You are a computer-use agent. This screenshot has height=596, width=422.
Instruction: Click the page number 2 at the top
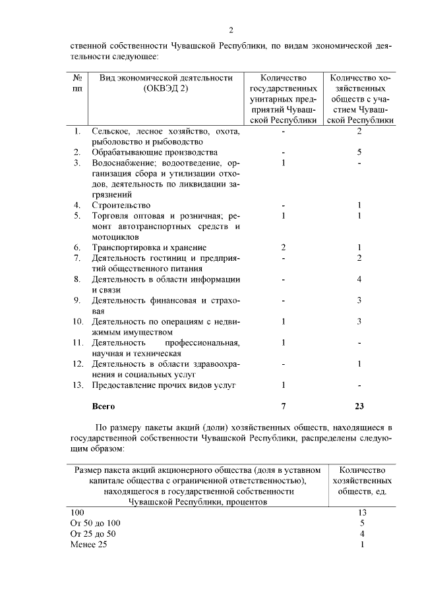point(231,30)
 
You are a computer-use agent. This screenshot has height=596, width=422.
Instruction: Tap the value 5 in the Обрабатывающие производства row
point(359,152)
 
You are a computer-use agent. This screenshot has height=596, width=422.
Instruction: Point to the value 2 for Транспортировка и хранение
point(283,247)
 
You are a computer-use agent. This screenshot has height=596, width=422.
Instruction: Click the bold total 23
point(359,406)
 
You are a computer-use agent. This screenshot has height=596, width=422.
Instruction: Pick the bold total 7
point(283,406)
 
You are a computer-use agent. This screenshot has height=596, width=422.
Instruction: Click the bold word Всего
point(104,406)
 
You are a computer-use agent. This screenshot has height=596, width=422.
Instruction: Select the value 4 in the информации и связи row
point(359,279)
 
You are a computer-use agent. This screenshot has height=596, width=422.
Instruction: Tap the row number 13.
point(78,385)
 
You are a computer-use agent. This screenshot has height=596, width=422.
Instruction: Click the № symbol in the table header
point(78,78)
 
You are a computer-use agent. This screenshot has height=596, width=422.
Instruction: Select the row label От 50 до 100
point(95,523)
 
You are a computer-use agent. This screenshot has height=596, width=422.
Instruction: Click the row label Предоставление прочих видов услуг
point(164,385)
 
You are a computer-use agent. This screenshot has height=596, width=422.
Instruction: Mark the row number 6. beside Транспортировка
point(78,247)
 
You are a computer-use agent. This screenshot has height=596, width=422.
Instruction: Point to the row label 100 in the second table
point(77,512)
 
